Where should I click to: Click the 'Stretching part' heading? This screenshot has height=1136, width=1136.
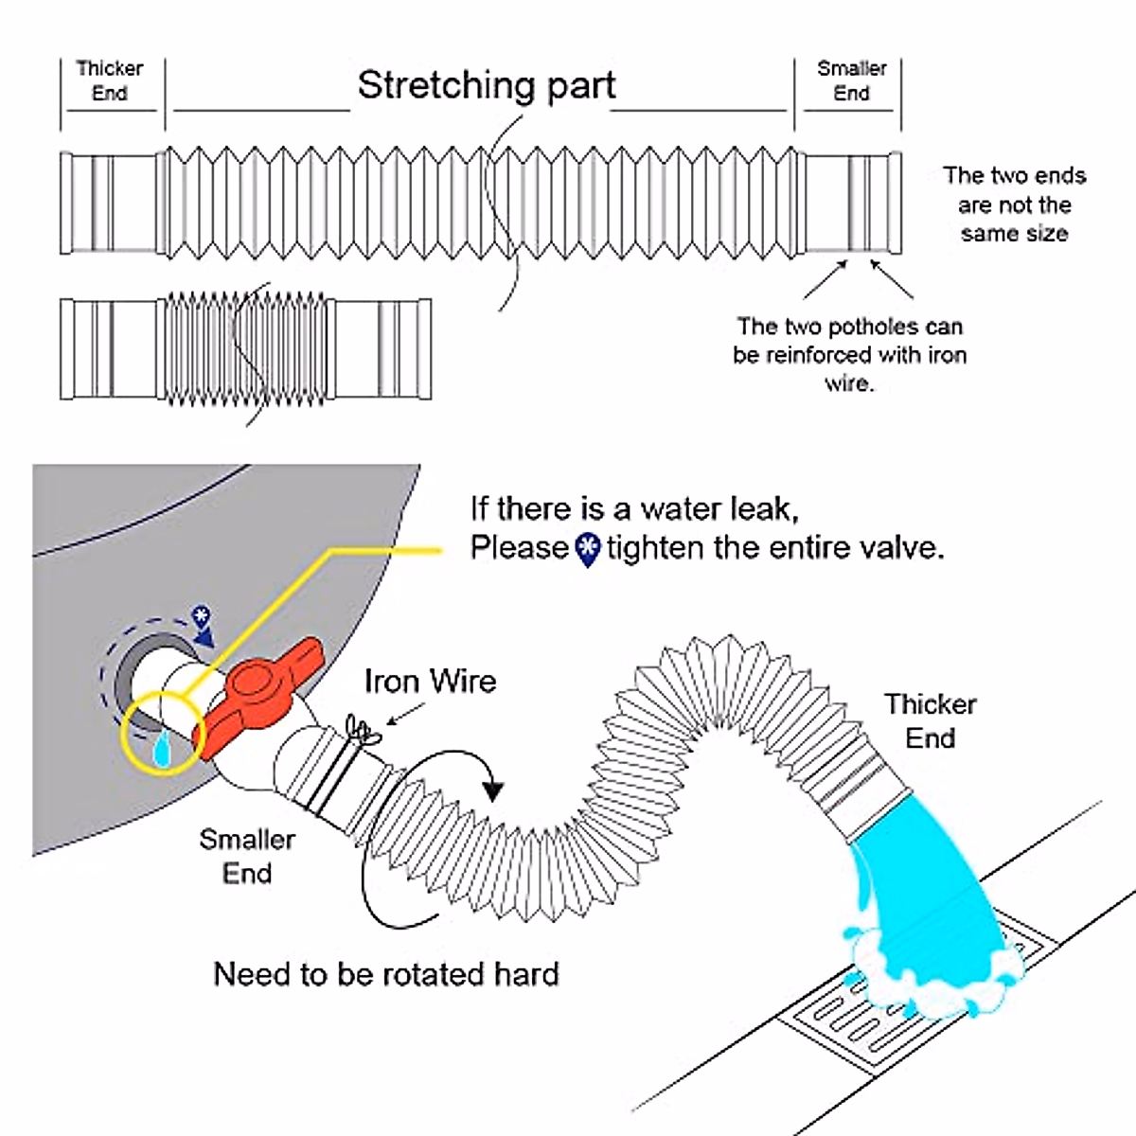(487, 86)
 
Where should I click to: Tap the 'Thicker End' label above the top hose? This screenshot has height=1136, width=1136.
(110, 80)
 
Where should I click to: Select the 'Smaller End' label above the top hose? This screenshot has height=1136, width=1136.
(851, 80)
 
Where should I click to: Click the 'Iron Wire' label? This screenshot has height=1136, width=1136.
(431, 682)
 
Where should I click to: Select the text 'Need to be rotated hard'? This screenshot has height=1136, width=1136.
(386, 974)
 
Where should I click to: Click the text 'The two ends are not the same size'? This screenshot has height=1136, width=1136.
(1014, 204)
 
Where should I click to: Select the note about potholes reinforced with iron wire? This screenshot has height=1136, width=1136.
(849, 355)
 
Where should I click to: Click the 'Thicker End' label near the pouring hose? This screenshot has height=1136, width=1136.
(931, 721)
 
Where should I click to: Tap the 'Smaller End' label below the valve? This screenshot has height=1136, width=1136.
(247, 856)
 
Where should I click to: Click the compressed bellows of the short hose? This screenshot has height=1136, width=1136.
(244, 348)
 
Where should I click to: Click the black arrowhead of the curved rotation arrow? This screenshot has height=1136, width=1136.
(492, 789)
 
